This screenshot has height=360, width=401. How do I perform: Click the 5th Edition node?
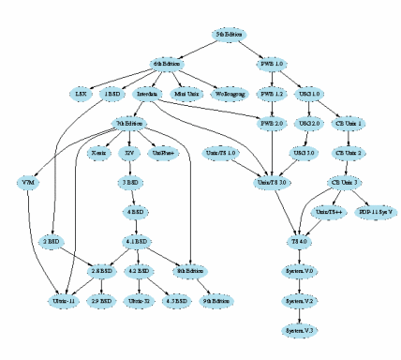tap(230, 34)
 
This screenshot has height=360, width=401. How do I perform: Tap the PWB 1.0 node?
tap(272, 64)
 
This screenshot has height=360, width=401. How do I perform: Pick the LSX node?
tap(80, 94)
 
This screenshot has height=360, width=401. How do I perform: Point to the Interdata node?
tap(147, 94)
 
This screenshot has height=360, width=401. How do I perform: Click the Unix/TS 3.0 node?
tap(272, 182)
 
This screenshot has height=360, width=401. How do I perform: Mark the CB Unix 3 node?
tap(344, 182)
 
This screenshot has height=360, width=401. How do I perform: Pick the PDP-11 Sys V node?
tap(378, 212)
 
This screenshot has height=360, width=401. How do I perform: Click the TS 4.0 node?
tap(299, 241)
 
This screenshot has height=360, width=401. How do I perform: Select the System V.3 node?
tap(299, 331)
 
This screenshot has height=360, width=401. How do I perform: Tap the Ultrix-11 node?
tap(65, 301)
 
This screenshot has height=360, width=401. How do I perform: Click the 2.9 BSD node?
tap(100, 301)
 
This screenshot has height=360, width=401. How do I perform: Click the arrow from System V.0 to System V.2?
tap(299, 286)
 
